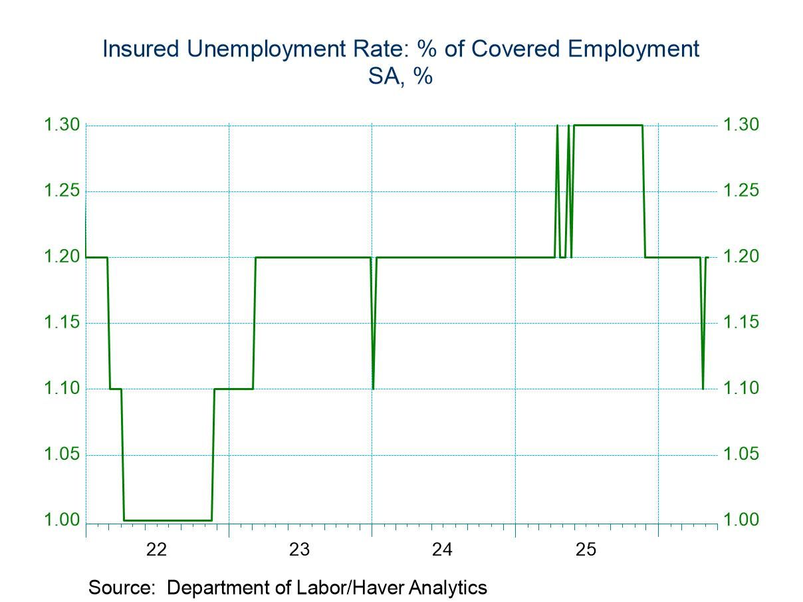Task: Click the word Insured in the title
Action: tap(141, 49)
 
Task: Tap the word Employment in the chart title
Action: tap(633, 49)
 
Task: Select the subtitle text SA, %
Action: tap(401, 77)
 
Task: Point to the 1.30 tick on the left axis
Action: tap(62, 125)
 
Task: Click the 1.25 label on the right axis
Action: tap(741, 191)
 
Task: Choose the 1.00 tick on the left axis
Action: tap(62, 520)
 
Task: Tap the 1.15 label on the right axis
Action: tap(741, 322)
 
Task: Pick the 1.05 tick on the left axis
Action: tap(62, 454)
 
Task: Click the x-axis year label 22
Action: tap(156, 550)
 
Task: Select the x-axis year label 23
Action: tap(299, 550)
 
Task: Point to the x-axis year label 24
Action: tap(442, 550)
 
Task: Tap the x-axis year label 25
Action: tap(586, 550)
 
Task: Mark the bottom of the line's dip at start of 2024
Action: tap(373, 389)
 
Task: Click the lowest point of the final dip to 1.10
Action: tap(703, 389)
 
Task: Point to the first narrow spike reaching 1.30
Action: tap(557, 126)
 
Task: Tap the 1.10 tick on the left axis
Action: tap(62, 388)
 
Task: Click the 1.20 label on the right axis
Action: tap(741, 256)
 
